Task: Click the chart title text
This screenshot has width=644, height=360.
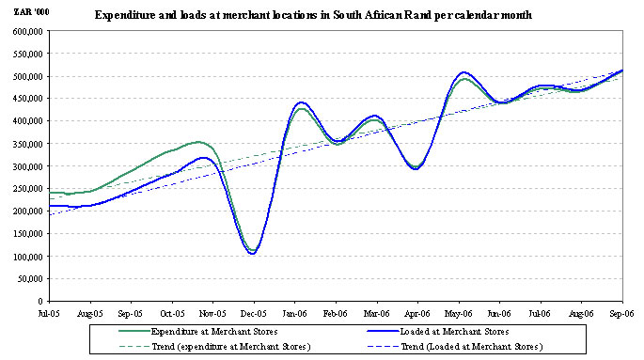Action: point(313,16)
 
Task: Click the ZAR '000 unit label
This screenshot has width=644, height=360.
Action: point(32,12)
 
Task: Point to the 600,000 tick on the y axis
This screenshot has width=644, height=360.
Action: point(28,31)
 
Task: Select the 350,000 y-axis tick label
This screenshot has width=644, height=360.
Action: point(28,144)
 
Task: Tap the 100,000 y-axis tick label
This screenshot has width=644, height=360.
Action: point(28,257)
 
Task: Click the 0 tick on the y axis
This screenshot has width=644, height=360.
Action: point(40,302)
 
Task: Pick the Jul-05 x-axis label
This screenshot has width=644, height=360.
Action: point(49,314)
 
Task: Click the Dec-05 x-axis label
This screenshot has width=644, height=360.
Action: point(254,314)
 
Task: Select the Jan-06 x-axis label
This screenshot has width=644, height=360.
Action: point(294,314)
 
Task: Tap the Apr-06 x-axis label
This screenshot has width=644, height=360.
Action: point(417,314)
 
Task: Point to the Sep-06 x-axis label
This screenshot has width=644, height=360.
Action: point(621,314)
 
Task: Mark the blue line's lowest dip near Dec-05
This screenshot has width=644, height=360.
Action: point(253,253)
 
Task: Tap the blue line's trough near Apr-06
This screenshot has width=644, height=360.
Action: point(416,168)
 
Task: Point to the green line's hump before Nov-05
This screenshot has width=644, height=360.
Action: point(198,142)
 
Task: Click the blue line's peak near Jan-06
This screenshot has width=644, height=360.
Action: point(302,102)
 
